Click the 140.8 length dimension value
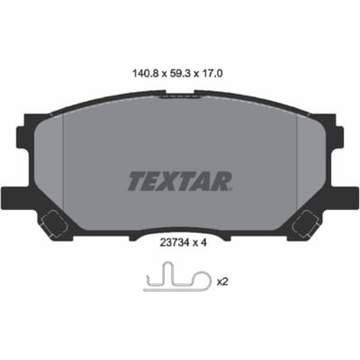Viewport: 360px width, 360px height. (146, 74)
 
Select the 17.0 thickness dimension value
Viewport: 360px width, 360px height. (212, 74)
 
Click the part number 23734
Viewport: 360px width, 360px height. (174, 243)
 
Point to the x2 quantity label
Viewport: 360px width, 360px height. (222, 282)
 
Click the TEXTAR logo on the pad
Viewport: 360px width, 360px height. (180, 181)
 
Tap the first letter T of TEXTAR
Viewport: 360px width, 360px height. (137, 181)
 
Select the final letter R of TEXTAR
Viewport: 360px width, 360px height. (220, 181)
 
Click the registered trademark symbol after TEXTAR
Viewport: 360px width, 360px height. (231, 189)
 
